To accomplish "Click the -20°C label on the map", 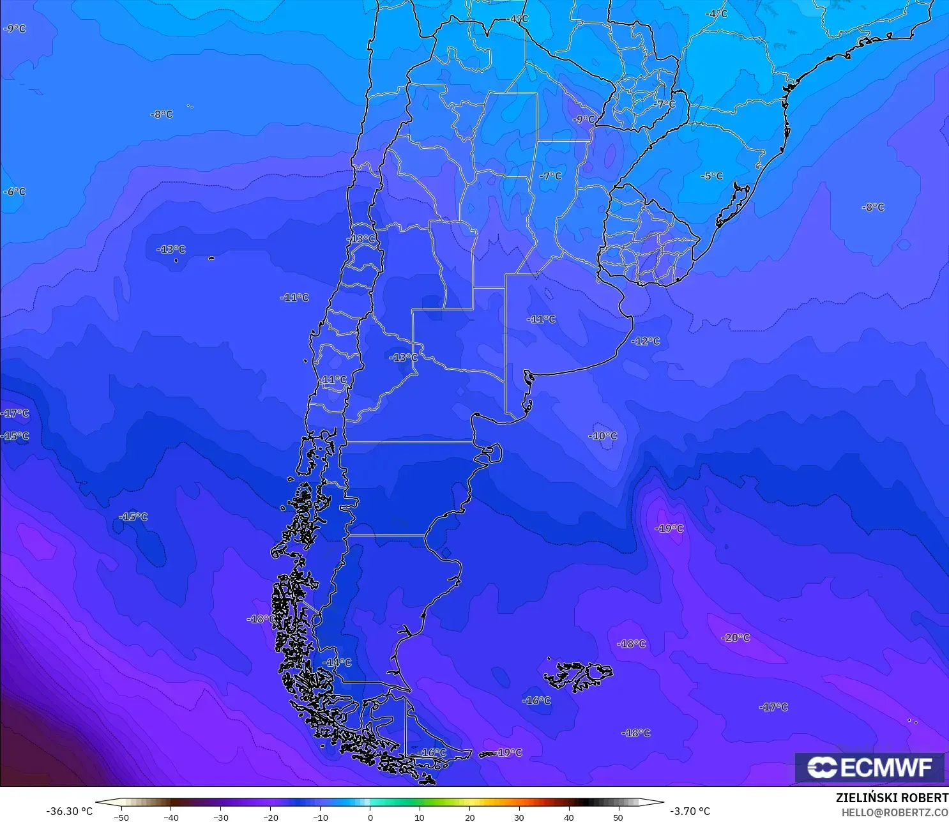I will (x=736, y=638).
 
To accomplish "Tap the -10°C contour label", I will (x=603, y=436).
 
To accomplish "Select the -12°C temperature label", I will (x=646, y=341).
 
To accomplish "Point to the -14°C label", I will (x=337, y=663).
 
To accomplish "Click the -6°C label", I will (x=15, y=192).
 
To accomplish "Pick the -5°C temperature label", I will (x=711, y=176).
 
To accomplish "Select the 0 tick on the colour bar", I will (x=370, y=817).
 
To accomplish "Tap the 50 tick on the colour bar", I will (x=618, y=817).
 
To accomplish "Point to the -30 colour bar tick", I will (x=220, y=817).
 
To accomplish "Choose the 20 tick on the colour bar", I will (x=469, y=817).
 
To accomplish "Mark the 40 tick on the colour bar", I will (x=568, y=817).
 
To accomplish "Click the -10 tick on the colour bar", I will (x=320, y=817).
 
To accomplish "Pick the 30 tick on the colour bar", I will (x=519, y=817).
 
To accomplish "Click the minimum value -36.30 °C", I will (x=69, y=811).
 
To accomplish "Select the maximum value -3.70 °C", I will (x=690, y=811).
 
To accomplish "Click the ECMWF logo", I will (x=869, y=767).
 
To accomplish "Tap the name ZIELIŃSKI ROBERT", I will (x=892, y=798).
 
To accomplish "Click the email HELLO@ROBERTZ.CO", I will (x=894, y=812).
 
